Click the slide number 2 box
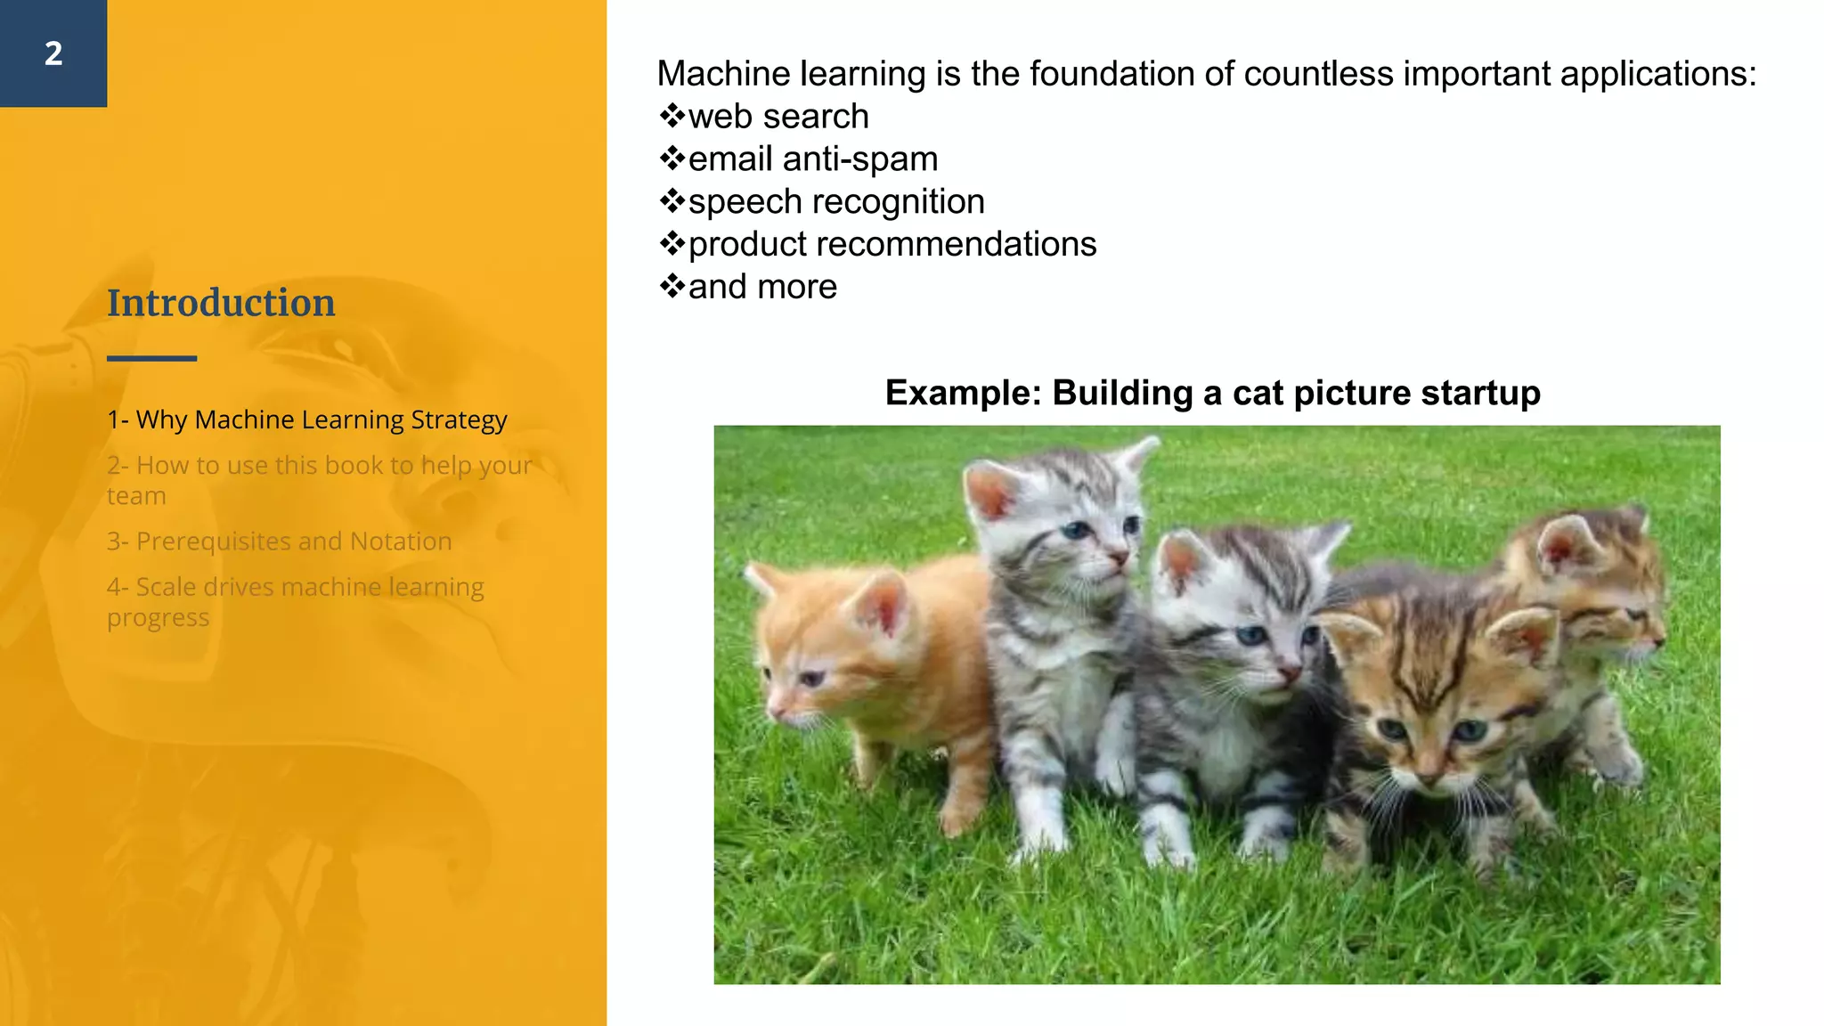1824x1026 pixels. pos(53,53)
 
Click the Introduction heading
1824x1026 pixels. pos(221,303)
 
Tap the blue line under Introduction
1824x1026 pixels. pos(151,358)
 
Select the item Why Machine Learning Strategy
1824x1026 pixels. pos(307,419)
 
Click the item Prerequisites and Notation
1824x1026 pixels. pos(280,541)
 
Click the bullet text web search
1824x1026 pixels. pos(778,117)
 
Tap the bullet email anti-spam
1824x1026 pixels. pos(812,159)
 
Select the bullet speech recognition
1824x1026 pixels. pos(835,202)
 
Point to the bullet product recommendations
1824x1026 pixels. pos(892,245)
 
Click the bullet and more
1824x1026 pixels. pos(761,288)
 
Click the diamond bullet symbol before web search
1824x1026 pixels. pos(672,116)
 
